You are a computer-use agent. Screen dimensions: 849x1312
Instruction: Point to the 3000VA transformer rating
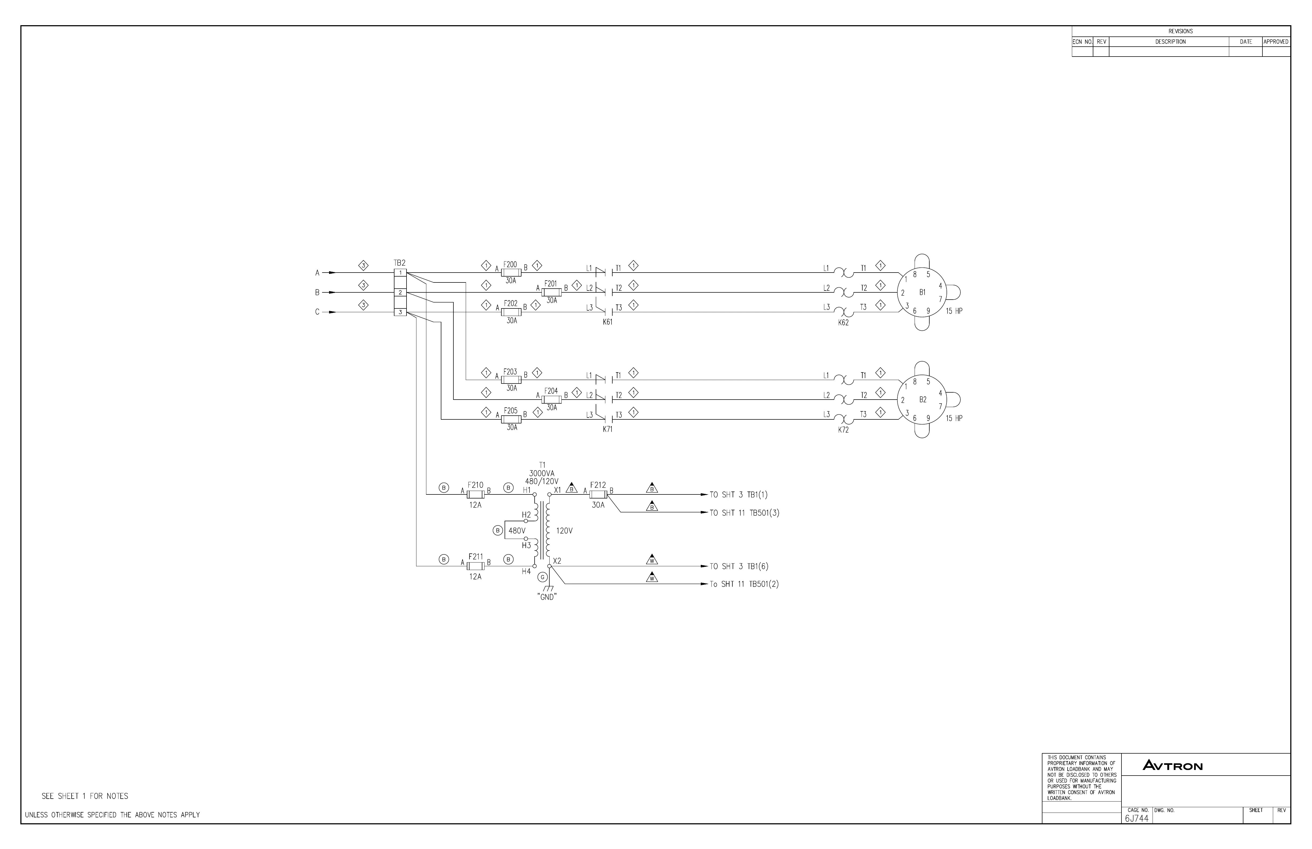tap(542, 474)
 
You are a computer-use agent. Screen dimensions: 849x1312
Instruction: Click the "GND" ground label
tap(547, 597)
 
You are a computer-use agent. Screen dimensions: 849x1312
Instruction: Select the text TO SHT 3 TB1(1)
tap(739, 495)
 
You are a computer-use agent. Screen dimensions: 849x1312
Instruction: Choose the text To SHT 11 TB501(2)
tap(744, 584)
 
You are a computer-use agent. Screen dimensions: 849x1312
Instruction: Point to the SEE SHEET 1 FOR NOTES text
tap(85, 796)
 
